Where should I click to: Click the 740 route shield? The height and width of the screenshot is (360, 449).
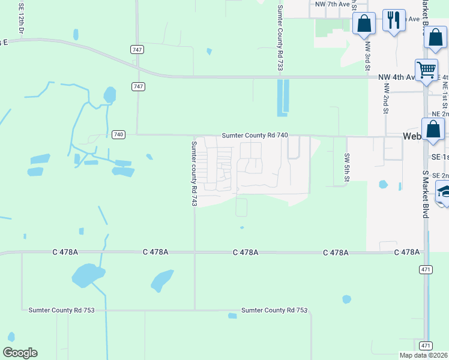(x=118, y=134)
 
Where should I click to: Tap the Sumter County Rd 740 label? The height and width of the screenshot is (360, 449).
(x=255, y=136)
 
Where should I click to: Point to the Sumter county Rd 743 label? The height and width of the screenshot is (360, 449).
(x=194, y=173)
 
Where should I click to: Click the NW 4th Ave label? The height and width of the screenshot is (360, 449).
(x=396, y=77)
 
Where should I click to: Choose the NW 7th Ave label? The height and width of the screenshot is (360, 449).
(x=332, y=4)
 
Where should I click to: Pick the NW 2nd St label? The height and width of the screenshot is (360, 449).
(x=386, y=98)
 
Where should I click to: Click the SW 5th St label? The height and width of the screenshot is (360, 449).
(x=347, y=166)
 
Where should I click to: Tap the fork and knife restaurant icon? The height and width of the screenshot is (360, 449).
(x=394, y=21)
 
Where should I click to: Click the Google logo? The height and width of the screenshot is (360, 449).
(x=20, y=353)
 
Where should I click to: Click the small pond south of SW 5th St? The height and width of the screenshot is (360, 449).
(x=382, y=184)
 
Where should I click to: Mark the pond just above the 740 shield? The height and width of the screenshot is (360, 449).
(x=109, y=95)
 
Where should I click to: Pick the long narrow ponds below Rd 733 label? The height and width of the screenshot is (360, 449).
(x=282, y=97)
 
